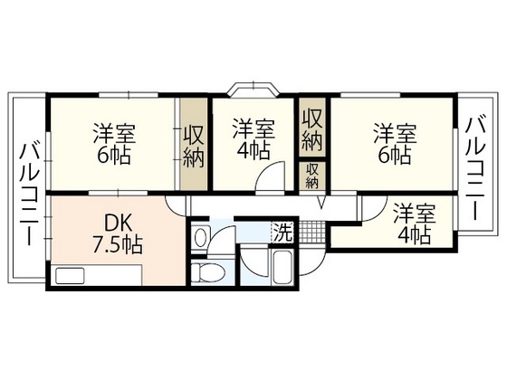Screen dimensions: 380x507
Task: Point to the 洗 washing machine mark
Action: pos(282,232)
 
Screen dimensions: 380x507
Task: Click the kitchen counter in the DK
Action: pos(95,275)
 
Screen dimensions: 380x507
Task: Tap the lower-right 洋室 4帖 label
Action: pos(413,223)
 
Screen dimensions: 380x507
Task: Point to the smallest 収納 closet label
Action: pos(311,175)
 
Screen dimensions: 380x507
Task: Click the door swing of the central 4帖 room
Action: pos(270,179)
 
